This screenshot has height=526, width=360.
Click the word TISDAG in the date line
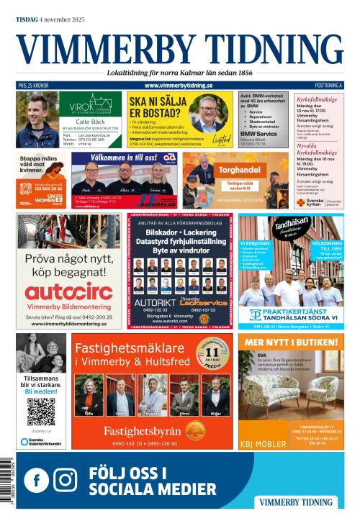tap(28, 9)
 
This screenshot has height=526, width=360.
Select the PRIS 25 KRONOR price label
tap(33, 86)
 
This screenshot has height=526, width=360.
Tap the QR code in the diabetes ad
tap(41, 412)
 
